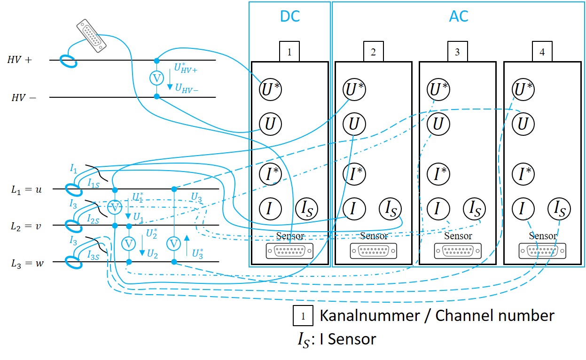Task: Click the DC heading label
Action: (290, 16)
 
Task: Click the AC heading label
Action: (458, 16)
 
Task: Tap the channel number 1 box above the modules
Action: (289, 52)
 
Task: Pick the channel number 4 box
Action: (542, 52)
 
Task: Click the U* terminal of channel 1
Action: (270, 89)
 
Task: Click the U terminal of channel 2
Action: (354, 124)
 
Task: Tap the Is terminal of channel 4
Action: (559, 208)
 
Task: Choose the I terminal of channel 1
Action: (270, 208)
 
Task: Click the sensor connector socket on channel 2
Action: (374, 251)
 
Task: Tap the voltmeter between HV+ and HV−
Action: (156, 78)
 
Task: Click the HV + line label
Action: (19, 60)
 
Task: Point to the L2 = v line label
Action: (26, 226)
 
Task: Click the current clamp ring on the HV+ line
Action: (69, 61)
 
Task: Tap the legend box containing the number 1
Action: (304, 316)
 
